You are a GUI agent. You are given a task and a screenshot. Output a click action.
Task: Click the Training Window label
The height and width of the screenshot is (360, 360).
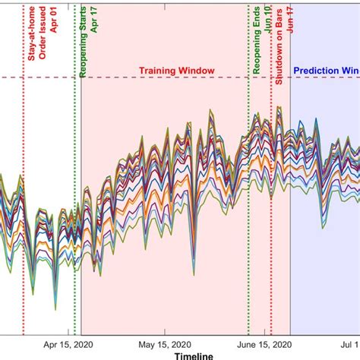pos(176,71)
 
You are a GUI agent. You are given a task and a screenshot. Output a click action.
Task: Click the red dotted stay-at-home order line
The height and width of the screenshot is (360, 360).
pos(24,228)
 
